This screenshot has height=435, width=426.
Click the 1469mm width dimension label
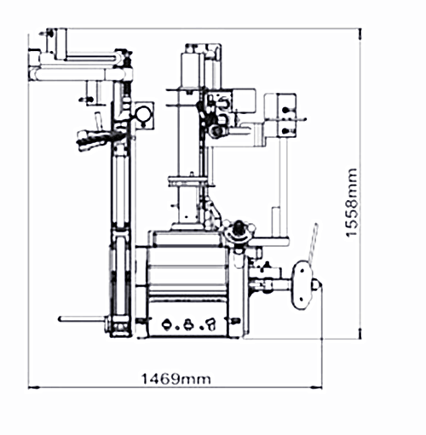click(x=176, y=379)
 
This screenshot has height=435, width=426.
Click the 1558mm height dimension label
click(x=351, y=203)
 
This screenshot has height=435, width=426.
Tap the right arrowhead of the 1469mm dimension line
click(x=316, y=386)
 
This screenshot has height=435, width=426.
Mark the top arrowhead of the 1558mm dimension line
click(x=360, y=34)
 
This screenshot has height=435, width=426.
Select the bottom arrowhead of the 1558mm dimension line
click(x=360, y=333)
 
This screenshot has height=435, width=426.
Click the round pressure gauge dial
click(x=143, y=114)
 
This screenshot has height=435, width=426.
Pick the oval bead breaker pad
click(x=302, y=284)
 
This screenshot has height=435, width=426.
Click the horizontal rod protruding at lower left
click(x=83, y=319)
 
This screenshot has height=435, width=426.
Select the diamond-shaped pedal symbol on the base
click(x=167, y=323)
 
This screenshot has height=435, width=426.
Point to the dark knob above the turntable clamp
click(x=239, y=226)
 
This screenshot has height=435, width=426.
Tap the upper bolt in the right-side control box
click(x=285, y=110)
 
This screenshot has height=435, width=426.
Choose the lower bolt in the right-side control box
click(x=285, y=131)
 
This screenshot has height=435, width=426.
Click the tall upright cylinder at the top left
click(x=61, y=44)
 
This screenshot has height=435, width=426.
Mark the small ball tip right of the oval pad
click(x=315, y=284)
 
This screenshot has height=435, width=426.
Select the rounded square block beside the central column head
click(x=244, y=100)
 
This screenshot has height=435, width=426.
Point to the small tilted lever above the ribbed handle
click(x=98, y=121)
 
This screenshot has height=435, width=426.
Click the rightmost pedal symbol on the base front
click(x=211, y=324)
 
